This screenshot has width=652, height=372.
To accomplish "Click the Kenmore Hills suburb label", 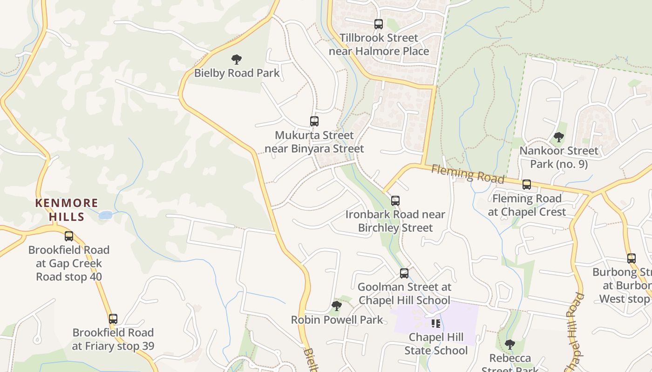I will click(x=68, y=210).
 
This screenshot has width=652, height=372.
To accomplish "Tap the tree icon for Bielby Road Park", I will click(x=237, y=59).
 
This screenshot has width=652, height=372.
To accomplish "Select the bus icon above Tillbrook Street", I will click(x=379, y=24).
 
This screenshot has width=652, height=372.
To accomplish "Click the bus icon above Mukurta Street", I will click(x=314, y=121).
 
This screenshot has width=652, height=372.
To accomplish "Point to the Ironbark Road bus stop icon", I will click(x=395, y=200).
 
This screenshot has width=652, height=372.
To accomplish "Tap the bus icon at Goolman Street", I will click(x=404, y=273).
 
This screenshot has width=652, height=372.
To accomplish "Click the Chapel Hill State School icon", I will click(x=436, y=323).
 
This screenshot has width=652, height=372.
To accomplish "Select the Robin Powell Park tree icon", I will click(x=336, y=306).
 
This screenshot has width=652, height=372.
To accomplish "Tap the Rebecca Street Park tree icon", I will click(x=510, y=345).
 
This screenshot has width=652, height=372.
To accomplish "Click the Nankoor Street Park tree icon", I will click(x=558, y=137).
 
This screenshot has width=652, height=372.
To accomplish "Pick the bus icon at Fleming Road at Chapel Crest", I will click(x=527, y=185).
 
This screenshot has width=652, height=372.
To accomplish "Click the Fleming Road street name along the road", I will click(x=467, y=173).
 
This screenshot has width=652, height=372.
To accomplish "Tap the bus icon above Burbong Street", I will click(x=632, y=258).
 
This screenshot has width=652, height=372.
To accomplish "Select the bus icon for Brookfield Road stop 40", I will click(x=69, y=236).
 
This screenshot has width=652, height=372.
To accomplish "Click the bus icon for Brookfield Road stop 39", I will click(x=113, y=319).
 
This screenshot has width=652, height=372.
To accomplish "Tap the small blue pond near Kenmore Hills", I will click(x=106, y=215).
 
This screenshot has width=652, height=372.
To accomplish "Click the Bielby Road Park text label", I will click(x=237, y=73).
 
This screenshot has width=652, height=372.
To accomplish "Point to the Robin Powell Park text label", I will click(x=337, y=320).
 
